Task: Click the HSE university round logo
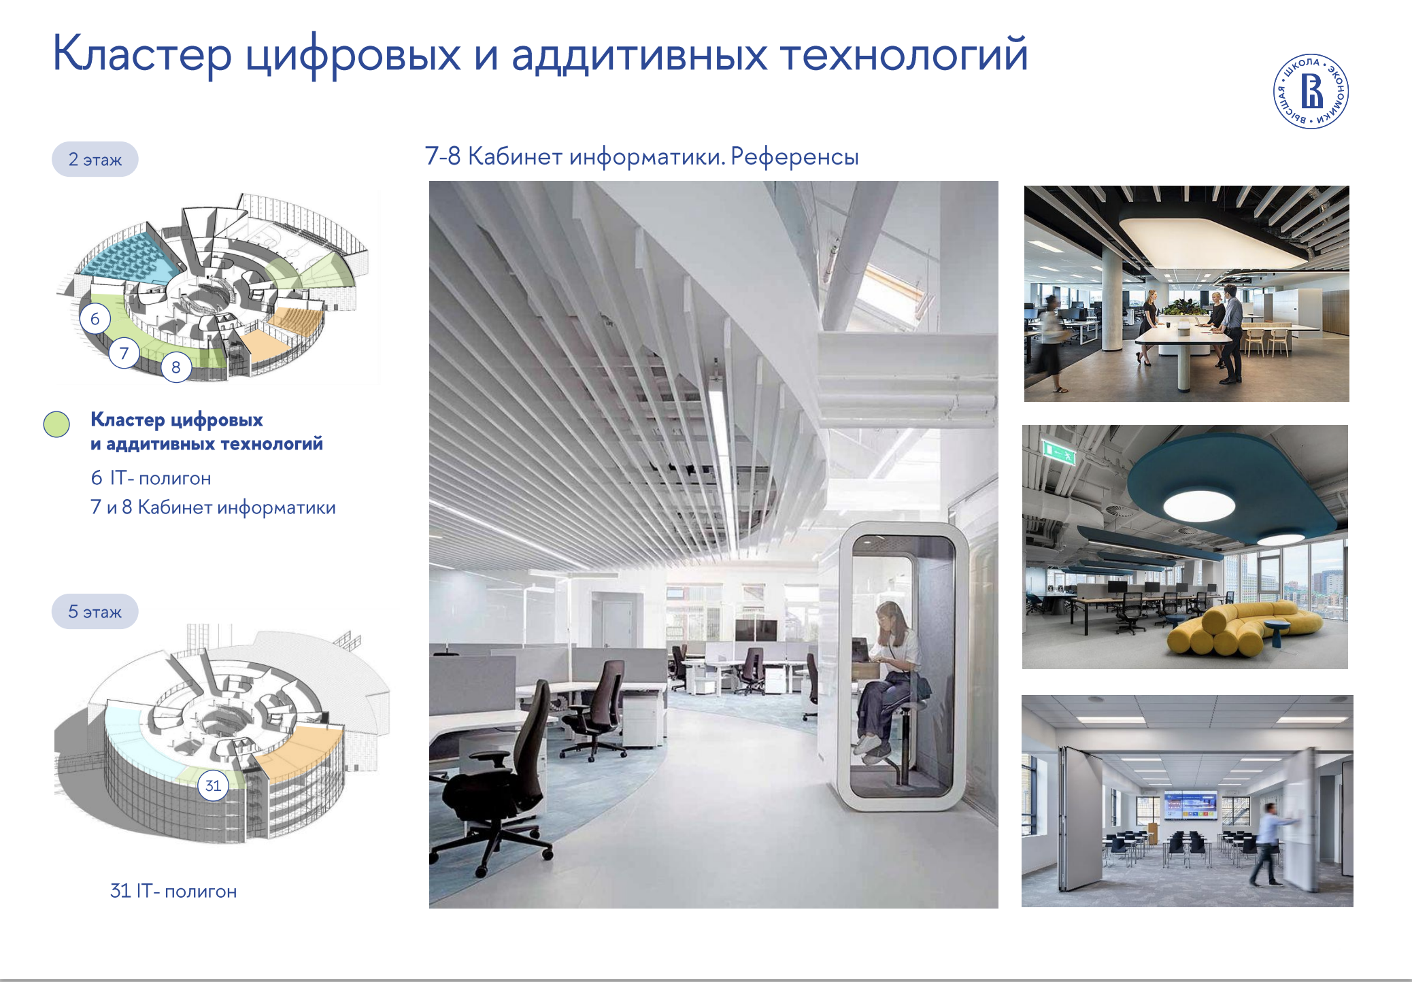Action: (1311, 91)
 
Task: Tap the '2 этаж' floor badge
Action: (95, 159)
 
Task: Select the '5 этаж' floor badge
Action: (95, 611)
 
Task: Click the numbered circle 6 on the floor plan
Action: (95, 318)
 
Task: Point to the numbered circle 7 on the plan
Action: (124, 353)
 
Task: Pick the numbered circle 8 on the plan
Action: (176, 367)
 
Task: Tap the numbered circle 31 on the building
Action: (213, 785)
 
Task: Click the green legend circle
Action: (56, 424)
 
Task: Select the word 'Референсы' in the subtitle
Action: (794, 157)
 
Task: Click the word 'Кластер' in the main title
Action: (142, 54)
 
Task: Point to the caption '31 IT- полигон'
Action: (173, 891)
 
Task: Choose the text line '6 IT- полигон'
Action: (151, 478)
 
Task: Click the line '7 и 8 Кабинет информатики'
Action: (213, 507)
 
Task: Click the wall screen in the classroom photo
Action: (1190, 805)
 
